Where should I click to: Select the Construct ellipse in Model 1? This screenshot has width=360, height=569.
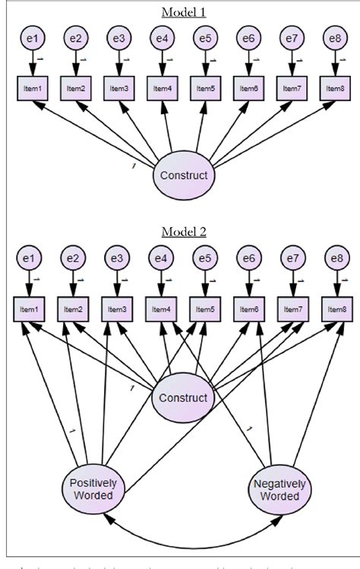(183, 175)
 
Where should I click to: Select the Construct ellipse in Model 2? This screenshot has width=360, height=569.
(183, 397)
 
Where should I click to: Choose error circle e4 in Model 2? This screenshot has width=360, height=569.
(160, 259)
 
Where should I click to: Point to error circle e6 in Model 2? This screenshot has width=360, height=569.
(248, 259)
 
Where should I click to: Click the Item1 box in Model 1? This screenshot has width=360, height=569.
(31, 89)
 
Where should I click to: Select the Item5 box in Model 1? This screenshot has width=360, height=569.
(204, 89)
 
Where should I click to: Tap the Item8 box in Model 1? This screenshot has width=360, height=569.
(334, 89)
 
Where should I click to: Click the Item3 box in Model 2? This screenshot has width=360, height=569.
(118, 310)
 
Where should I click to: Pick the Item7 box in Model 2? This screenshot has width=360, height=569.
(291, 310)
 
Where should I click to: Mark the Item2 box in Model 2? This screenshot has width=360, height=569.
(74, 310)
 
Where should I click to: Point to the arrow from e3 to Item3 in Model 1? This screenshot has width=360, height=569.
(118, 62)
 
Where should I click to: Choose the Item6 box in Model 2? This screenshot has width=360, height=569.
(248, 310)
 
